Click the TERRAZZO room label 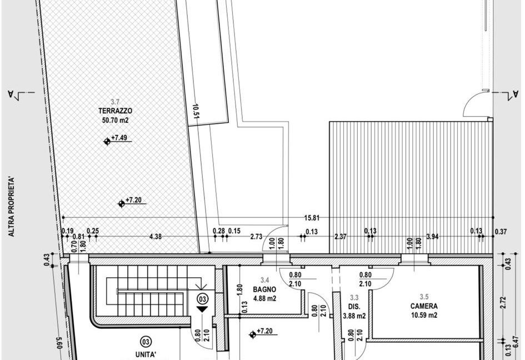click(x=115, y=111)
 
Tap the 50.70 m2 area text click(x=115, y=120)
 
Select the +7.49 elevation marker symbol click(x=107, y=142)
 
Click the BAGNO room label click(x=264, y=289)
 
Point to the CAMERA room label click(x=424, y=306)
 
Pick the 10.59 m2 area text click(x=424, y=315)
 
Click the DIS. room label click(x=354, y=307)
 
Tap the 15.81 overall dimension click(x=312, y=218)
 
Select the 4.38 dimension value click(x=156, y=237)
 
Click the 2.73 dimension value click(x=257, y=237)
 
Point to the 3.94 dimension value click(x=433, y=237)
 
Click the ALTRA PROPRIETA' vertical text click(x=12, y=207)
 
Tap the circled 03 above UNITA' click(x=146, y=342)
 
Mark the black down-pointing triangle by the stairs click(x=202, y=309)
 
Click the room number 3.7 click(x=115, y=102)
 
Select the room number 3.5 click(x=424, y=297)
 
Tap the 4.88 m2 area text click(x=264, y=298)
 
